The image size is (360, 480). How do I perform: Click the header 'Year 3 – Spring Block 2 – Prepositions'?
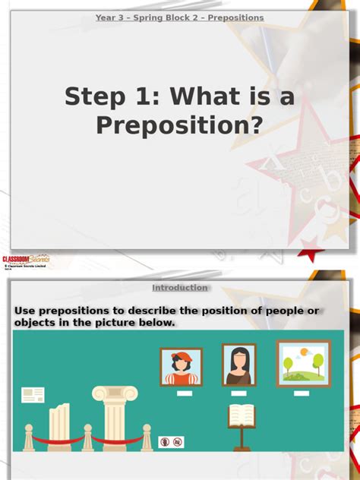[180, 17]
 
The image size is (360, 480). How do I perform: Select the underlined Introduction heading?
[180, 288]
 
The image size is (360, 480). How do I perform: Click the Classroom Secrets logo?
[25, 260]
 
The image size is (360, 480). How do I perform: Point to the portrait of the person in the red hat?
[181, 368]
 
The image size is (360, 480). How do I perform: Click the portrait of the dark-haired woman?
[238, 365]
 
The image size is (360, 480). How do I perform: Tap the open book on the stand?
[241, 415]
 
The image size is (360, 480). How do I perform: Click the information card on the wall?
[33, 395]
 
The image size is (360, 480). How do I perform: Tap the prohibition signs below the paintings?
[171, 441]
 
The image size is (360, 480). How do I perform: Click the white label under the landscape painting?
[302, 393]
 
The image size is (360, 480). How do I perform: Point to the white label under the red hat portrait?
[184, 395]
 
